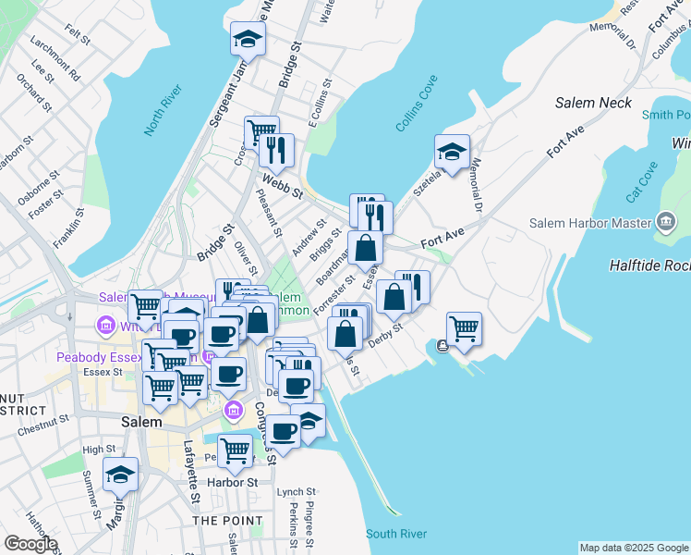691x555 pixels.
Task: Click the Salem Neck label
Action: coord(594,104)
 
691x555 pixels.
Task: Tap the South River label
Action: coord(395,534)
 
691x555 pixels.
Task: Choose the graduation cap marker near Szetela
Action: coord(452,153)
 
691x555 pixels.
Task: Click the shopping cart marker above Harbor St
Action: coord(236,450)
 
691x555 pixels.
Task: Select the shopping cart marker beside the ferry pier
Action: coord(464,328)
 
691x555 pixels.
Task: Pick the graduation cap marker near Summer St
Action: coord(120,475)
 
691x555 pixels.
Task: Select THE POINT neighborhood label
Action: coord(227,521)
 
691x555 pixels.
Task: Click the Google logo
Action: coord(30,544)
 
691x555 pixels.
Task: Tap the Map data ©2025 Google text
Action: coord(634,548)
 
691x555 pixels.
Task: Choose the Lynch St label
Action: coord(297,492)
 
